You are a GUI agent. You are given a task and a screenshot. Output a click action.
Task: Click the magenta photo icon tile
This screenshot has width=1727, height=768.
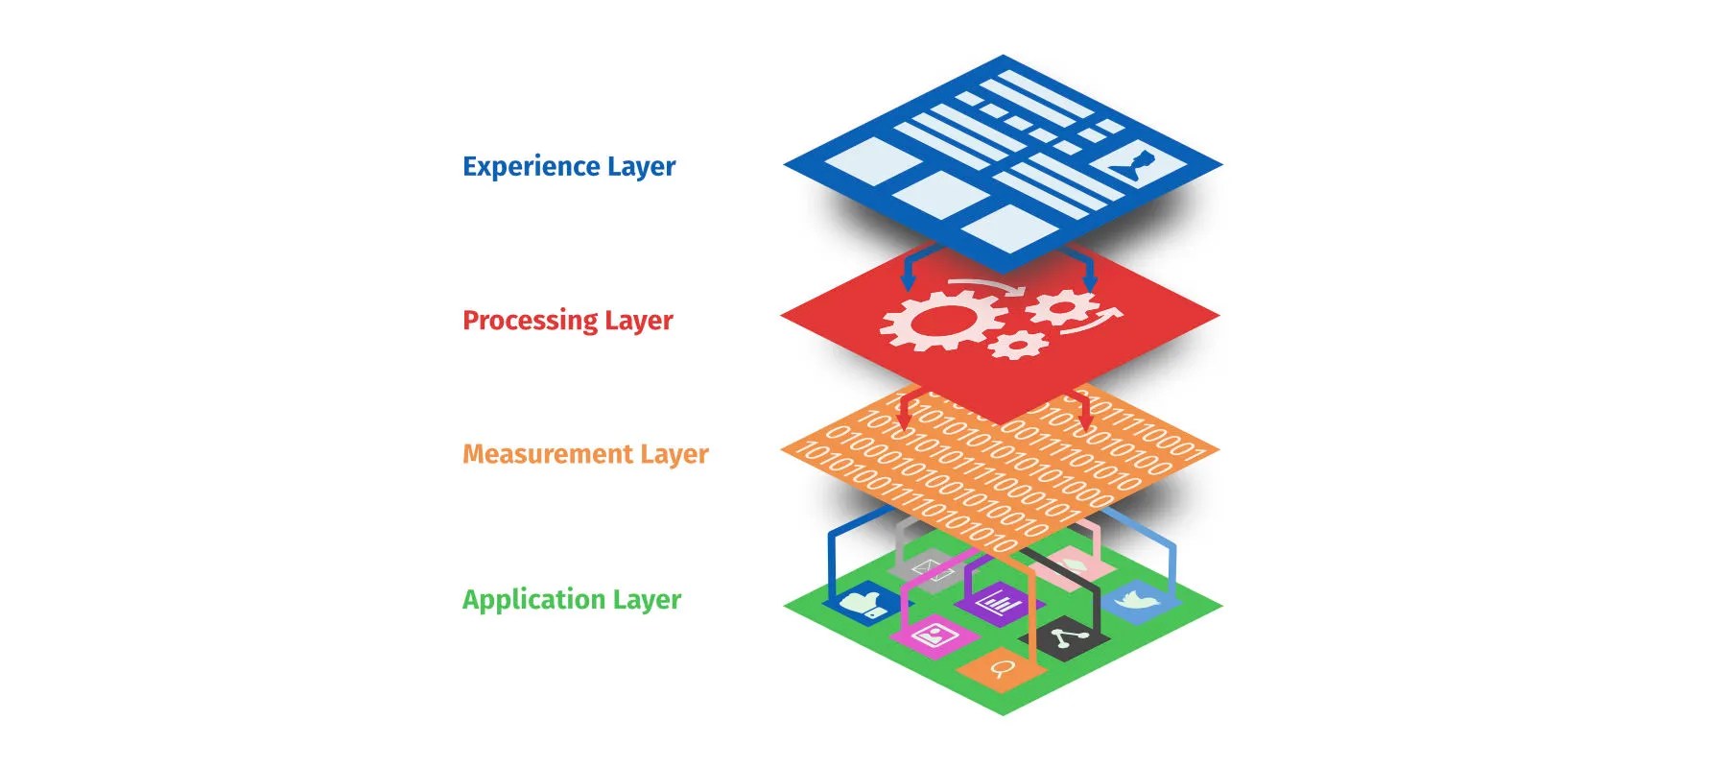[x=932, y=635]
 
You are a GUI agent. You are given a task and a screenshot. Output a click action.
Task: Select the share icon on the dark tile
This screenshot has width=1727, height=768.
[x=1064, y=637]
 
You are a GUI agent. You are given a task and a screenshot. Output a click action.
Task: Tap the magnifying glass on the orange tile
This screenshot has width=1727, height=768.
[x=1001, y=667]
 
